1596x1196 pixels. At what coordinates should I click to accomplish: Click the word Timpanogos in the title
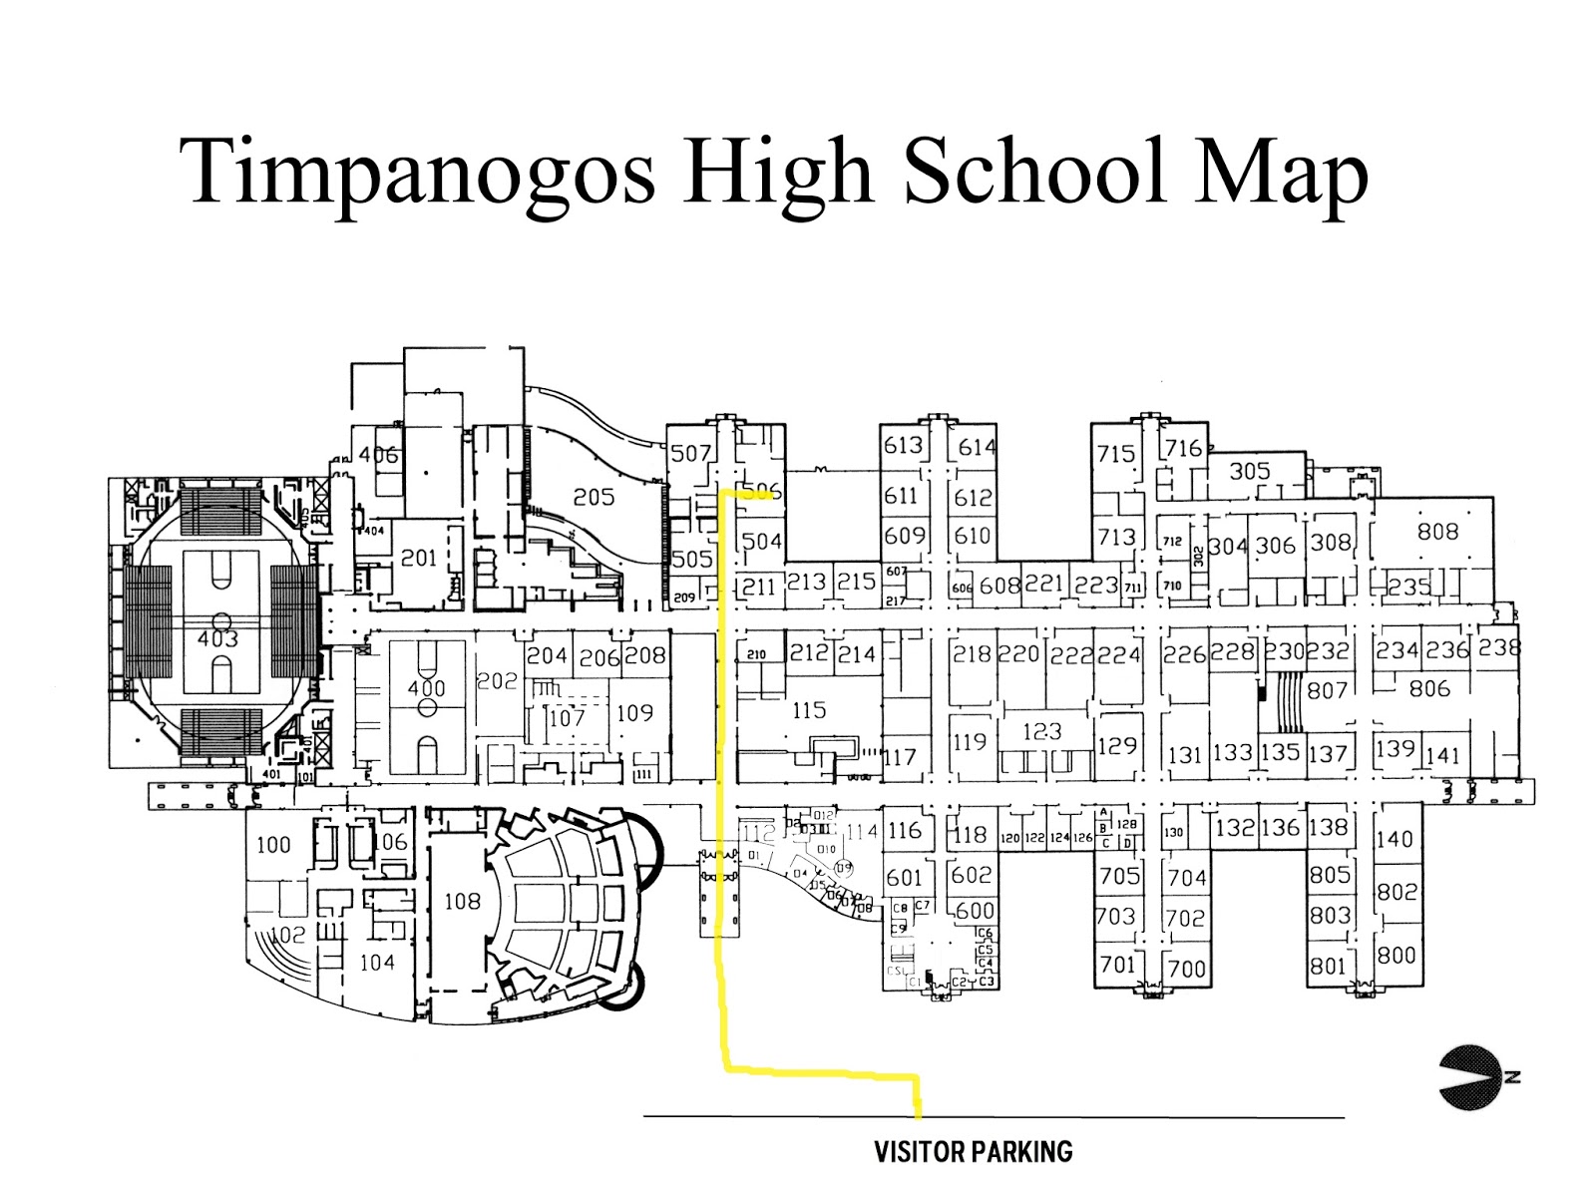point(418,172)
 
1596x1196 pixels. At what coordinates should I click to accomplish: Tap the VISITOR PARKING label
point(973,1152)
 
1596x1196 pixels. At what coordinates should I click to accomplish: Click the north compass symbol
point(1474,1077)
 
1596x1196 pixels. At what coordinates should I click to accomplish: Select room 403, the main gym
point(218,638)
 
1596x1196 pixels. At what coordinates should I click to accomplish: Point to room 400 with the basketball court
point(426,688)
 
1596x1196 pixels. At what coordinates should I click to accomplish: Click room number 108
point(462,902)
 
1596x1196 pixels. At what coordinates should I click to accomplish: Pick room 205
point(594,497)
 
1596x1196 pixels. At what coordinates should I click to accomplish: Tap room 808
point(1437,532)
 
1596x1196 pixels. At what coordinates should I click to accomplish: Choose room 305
point(1249,471)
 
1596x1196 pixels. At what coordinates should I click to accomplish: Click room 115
point(809,710)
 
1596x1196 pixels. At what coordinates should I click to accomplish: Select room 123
point(1041,731)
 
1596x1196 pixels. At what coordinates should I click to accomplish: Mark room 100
point(273,845)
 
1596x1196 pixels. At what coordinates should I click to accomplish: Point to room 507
point(690,454)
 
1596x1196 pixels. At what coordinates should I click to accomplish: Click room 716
point(1183,449)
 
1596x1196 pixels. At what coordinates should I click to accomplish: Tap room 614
point(976,448)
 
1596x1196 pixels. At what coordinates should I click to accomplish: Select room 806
point(1429,688)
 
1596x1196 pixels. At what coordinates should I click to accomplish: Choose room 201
point(419,558)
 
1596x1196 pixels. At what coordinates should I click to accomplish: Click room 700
point(1186,968)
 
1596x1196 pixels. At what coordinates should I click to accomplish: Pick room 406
point(379,455)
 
